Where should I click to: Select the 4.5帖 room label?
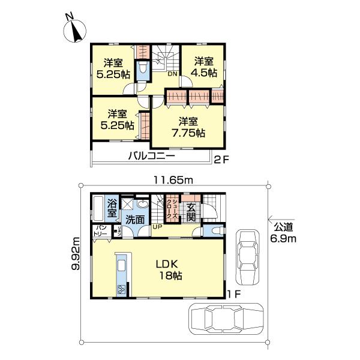click(203, 67)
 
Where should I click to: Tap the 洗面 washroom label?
click(135, 220)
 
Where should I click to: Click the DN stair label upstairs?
click(172, 74)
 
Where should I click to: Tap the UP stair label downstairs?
click(157, 227)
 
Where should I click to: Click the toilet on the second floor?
click(142, 71)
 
